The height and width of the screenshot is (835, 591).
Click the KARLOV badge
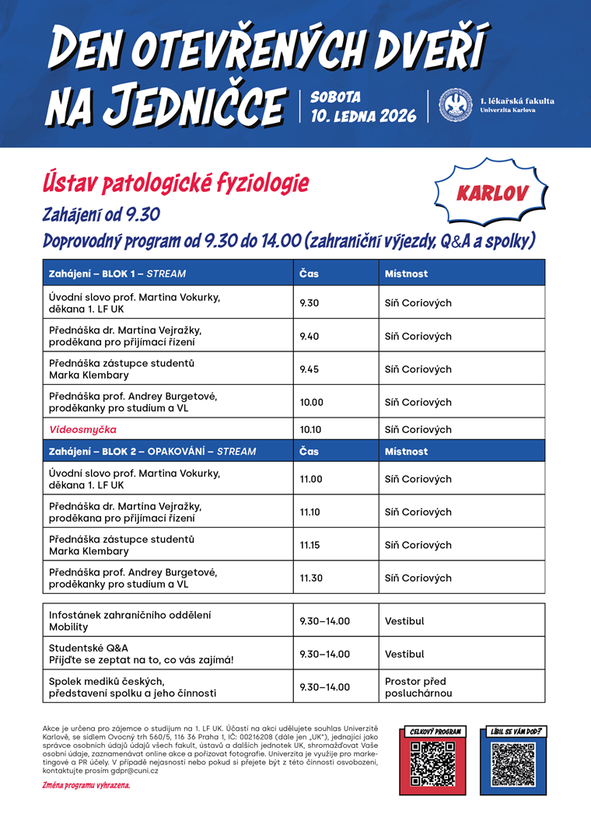tap(491, 193)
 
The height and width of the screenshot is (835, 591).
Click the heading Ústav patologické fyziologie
tap(176, 183)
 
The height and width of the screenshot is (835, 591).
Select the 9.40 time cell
tap(310, 336)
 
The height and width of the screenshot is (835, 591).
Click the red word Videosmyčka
tap(83, 429)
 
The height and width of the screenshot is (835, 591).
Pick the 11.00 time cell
tap(311, 479)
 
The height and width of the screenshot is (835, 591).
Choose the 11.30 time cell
tap(311, 578)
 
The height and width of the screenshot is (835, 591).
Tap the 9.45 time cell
tap(310, 369)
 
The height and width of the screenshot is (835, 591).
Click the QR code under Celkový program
tap(432, 764)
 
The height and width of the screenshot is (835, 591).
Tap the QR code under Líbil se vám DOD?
tap(514, 764)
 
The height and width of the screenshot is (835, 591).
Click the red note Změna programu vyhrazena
tap(86, 785)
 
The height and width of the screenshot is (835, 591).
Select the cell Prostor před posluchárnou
tap(418, 687)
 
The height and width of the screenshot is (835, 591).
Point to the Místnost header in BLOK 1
tap(407, 274)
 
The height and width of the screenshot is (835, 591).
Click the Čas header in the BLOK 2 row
tap(309, 451)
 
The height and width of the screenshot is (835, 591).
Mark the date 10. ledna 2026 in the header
tap(363, 116)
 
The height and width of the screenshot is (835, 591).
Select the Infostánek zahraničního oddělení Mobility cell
tap(130, 620)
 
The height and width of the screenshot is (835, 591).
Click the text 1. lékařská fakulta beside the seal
tap(517, 101)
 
